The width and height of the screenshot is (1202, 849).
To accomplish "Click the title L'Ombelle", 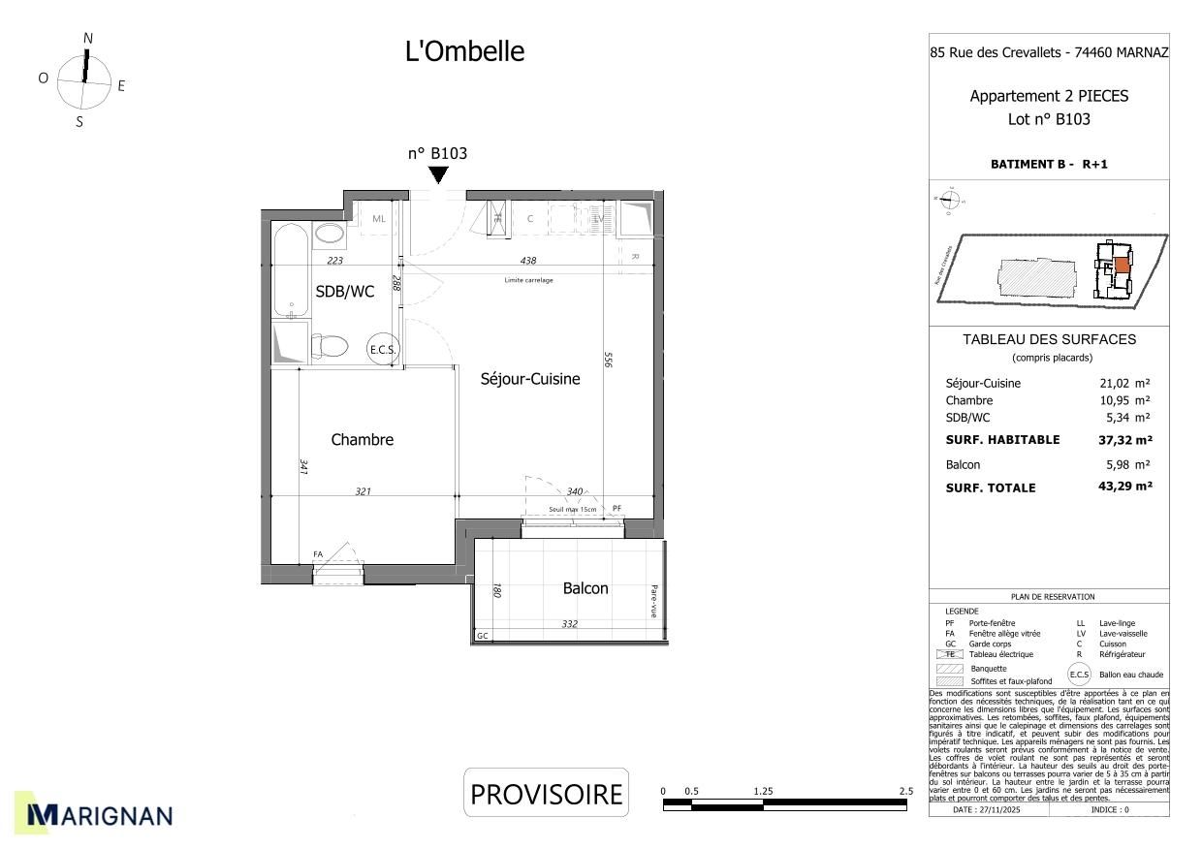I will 464,51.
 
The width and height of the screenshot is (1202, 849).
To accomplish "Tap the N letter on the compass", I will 88,39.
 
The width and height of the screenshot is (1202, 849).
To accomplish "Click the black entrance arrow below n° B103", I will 438,174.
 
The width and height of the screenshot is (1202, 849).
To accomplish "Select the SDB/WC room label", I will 344,292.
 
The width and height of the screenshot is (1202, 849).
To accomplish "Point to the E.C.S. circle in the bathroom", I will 382,350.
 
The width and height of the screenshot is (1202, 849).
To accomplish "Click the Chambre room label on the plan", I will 362,440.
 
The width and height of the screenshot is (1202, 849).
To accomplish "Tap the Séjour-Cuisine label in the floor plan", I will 530,379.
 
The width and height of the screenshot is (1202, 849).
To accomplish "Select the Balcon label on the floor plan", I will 585,588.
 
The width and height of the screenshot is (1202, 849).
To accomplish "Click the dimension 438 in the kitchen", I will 527,261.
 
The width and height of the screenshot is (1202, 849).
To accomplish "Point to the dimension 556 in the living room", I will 608,361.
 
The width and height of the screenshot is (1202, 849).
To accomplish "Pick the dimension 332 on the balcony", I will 569,624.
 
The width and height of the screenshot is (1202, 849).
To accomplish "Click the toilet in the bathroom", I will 330,346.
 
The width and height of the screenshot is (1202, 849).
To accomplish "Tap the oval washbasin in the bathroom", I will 330,234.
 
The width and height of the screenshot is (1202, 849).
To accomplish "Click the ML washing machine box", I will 378,219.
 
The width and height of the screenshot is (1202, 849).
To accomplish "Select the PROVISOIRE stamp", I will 546,794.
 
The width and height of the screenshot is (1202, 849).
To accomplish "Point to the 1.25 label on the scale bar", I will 763,792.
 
